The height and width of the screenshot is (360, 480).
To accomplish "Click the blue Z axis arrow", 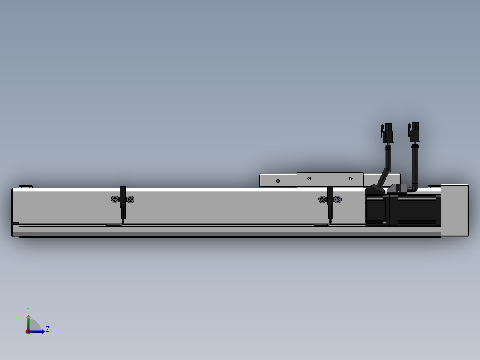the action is [36, 331].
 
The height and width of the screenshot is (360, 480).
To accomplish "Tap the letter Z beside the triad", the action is [48, 329].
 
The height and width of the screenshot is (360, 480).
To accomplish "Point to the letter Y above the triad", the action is [28, 310].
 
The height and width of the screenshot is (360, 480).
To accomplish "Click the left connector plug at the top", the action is [387, 133].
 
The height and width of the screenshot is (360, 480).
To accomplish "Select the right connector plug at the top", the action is [414, 132].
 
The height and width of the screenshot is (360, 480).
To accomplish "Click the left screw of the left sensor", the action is [115, 200].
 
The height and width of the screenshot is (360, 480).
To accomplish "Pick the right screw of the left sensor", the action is [130, 200].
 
